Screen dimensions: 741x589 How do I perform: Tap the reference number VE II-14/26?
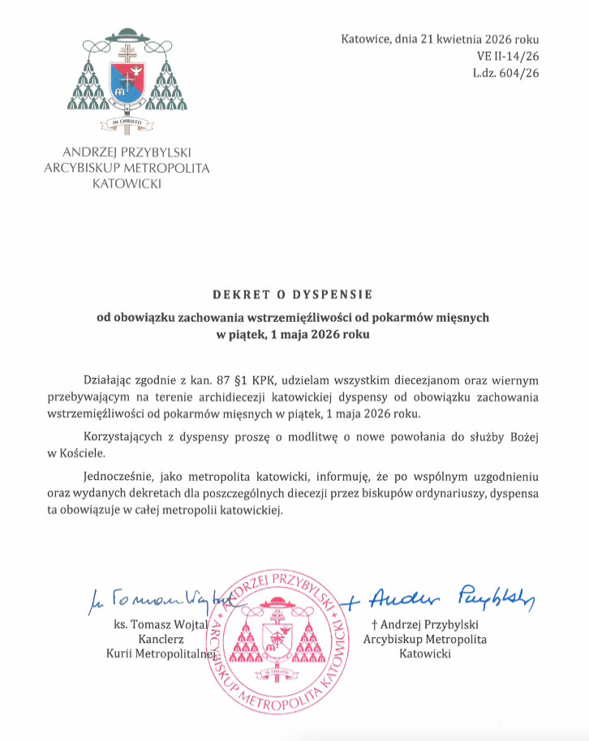(x=509, y=56)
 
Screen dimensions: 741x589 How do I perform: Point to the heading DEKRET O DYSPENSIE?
(x=294, y=295)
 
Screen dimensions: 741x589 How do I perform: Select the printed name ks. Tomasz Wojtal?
(x=167, y=624)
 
